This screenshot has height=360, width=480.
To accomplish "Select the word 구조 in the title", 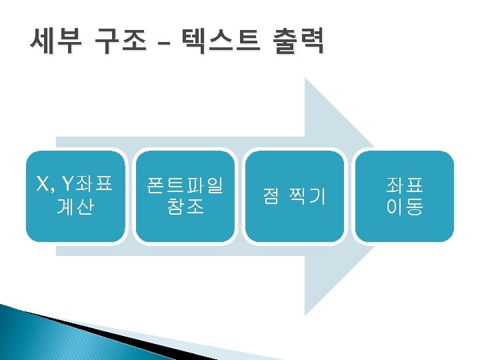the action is point(119,42).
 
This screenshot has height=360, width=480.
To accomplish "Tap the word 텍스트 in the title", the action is point(214,42).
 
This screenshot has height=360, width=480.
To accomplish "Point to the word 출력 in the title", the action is point(298,42).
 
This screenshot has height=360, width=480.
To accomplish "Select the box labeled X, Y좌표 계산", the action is point(75,195).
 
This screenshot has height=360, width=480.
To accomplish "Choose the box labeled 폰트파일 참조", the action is point(185,195).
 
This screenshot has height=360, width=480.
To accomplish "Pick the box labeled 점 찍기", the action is point(295,195).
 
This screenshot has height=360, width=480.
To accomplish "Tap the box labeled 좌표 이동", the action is point(405,195).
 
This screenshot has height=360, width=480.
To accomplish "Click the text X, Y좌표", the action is point(75,183).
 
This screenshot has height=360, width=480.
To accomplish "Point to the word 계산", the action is point(75,207).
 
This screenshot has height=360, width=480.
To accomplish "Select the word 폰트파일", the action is point(185,184).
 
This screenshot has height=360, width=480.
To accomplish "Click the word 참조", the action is point(185,207).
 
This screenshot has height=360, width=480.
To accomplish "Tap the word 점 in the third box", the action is point(271,196).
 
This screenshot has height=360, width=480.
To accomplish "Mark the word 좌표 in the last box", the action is point(405,184).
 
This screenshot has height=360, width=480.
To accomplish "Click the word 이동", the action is point(405,207).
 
